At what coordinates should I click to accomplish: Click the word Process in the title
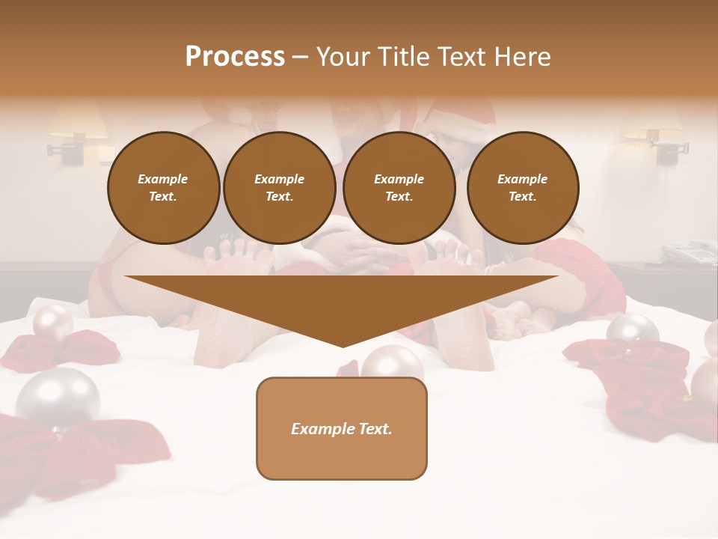coord(235,57)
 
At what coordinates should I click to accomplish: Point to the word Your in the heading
coord(345,57)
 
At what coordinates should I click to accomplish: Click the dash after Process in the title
coord(300,58)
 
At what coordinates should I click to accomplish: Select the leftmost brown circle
coord(163,188)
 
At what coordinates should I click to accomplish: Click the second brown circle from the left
coord(280,188)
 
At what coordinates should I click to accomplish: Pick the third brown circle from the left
coord(399,188)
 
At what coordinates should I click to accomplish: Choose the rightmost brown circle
coord(522,188)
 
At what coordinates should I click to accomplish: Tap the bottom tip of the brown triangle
coord(343,345)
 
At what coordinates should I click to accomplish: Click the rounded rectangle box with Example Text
coord(341,428)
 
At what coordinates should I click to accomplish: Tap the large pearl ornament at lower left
coord(58,398)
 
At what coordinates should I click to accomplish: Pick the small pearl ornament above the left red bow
coord(52,322)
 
